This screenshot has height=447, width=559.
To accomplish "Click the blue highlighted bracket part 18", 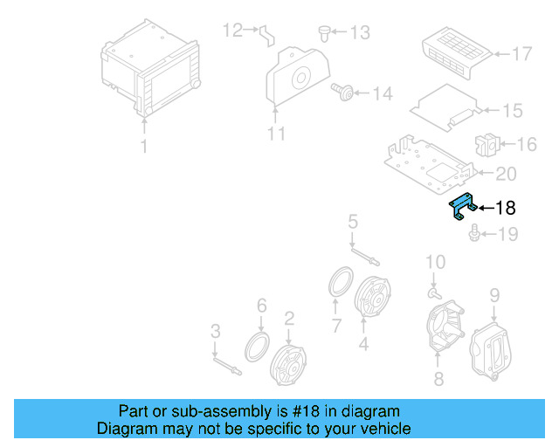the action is [x=462, y=206].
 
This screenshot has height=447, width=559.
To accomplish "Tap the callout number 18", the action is [x=506, y=208].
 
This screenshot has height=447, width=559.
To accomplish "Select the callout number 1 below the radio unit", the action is [x=144, y=146].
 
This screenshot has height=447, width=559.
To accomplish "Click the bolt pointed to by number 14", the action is [x=342, y=92].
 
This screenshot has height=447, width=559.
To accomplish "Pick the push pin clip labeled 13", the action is [x=324, y=33].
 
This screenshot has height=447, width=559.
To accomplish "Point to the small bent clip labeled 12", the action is [x=267, y=35].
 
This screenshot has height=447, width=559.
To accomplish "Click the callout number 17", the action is [x=522, y=54].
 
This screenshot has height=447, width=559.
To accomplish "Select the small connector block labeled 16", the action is [x=487, y=145].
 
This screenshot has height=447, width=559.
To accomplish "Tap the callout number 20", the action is [x=506, y=174].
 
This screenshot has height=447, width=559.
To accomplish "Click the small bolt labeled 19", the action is [x=473, y=233].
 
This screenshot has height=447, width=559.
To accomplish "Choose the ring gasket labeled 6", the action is [x=257, y=347].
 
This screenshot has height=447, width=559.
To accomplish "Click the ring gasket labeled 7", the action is [x=341, y=282].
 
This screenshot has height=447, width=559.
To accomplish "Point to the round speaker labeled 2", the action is [x=288, y=366].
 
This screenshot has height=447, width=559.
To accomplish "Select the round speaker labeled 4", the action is [x=373, y=298].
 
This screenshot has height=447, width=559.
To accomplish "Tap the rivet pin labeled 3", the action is [x=227, y=367].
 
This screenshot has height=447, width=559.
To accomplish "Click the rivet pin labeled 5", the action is [x=365, y=257].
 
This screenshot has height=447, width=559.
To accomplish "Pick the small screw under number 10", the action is [x=434, y=293].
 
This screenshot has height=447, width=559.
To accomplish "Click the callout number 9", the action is [x=494, y=295].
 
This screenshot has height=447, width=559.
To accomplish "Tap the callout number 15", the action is [x=513, y=111].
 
